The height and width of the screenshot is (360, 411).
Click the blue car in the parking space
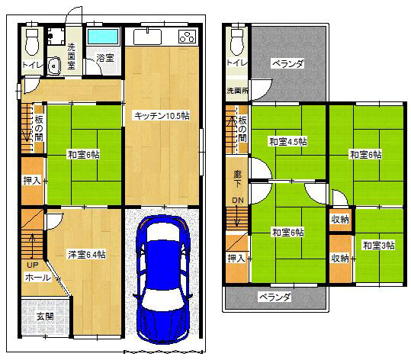click(162, 279)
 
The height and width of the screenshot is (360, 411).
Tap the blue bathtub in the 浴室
click(103, 37)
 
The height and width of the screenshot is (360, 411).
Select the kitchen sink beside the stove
click(147, 37)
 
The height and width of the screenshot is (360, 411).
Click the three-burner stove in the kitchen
click(188, 37)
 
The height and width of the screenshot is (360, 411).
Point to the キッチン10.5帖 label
click(162, 116)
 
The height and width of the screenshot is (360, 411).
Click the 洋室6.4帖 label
click(87, 255)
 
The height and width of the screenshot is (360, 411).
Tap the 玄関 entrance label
click(45, 317)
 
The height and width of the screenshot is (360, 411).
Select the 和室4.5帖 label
click(288, 142)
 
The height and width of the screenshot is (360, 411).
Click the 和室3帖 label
click(378, 246)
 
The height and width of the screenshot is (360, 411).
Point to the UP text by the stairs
click(33, 265)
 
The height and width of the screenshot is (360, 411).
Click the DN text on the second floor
click(238, 201)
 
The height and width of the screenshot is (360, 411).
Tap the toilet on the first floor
click(33, 41)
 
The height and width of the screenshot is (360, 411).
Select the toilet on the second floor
click(238, 41)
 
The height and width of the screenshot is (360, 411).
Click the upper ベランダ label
click(288, 63)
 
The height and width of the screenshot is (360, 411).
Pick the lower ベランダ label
click(275, 297)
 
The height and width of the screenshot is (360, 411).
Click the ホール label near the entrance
click(38, 278)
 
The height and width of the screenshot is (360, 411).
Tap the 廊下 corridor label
click(237, 179)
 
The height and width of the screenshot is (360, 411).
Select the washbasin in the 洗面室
click(54, 66)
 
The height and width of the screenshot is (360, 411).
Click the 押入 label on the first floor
click(32, 181)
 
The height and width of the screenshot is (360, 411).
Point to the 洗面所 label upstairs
click(237, 91)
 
